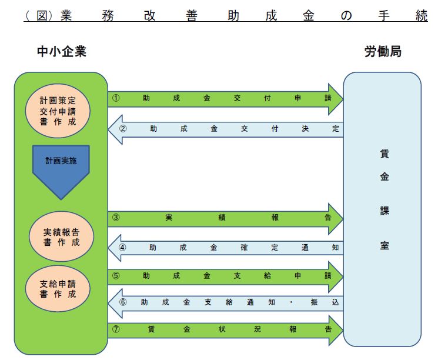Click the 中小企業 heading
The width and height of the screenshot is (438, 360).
click(x=61, y=52)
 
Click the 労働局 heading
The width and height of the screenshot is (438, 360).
click(x=383, y=52)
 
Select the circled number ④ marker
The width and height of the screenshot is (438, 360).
click(x=122, y=247)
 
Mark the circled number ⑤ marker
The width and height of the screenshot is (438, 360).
click(x=116, y=275)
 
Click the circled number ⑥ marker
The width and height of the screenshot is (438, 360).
click(x=122, y=302)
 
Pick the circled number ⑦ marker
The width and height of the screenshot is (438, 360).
click(x=116, y=329)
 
